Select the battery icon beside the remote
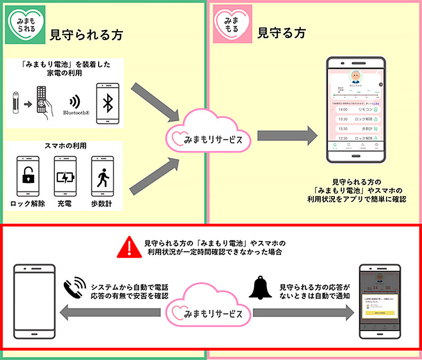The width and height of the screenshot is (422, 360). click(16, 101)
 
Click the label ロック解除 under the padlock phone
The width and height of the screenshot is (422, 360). click(27, 204)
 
